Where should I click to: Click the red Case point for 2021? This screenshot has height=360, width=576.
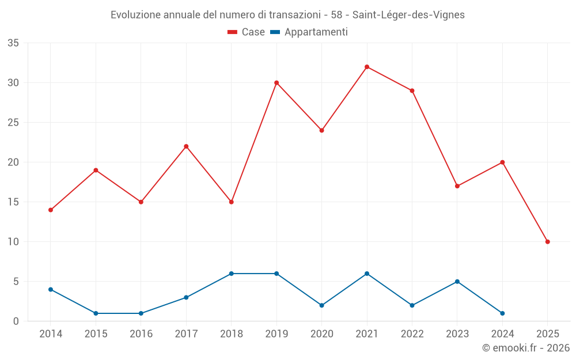coord(367,67)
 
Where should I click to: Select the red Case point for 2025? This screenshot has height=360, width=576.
coord(547,242)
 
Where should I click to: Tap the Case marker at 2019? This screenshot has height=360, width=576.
coord(276,83)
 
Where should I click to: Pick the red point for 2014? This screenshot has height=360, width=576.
coord(51,210)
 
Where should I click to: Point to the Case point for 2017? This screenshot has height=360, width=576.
coord(186,146)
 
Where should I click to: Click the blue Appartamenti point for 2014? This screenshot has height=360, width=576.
coord(51,289)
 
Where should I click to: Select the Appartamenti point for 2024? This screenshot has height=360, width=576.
coord(502,313)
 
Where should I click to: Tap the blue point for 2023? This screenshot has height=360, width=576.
coord(457,282)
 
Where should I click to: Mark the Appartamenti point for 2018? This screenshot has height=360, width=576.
coord(231,274)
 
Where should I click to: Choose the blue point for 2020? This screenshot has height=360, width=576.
coord(321,305)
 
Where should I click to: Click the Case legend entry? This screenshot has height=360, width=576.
coord(247,32)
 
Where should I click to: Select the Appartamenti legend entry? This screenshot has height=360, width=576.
coord(309,32)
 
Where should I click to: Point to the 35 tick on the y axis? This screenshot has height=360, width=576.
coord(13,43)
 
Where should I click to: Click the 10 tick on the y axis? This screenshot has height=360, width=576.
coord(13,242)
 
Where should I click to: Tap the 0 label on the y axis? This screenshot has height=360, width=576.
coord(16,321)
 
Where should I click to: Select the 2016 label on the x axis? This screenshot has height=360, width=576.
coord(141,334)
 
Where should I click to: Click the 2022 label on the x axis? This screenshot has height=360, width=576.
coord(412,334)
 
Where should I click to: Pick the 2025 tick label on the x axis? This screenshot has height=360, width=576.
coord(547,334)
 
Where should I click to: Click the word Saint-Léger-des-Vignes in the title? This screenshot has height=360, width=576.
coord(408,15)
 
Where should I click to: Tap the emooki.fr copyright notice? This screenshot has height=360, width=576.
coord(525,348)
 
